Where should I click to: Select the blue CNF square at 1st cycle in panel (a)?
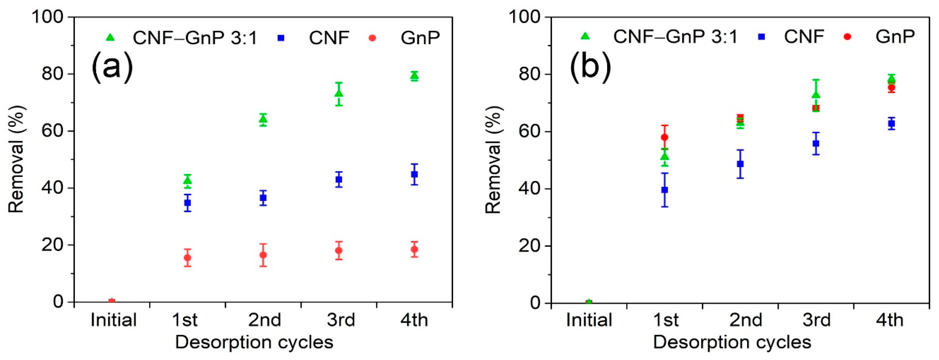[187, 203]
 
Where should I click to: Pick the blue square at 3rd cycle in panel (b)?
[816, 144]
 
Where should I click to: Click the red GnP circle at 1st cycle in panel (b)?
[665, 137]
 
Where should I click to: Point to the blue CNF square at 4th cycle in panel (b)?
[891, 123]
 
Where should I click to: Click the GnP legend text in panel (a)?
[420, 38]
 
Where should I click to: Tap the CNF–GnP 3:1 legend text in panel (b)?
[675, 37]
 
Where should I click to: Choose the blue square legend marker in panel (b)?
[761, 37]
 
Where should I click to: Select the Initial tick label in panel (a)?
[113, 320]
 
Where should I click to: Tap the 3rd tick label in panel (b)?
[816, 320]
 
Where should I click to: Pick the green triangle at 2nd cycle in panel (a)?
[263, 119]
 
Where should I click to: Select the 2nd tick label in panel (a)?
[264, 320]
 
